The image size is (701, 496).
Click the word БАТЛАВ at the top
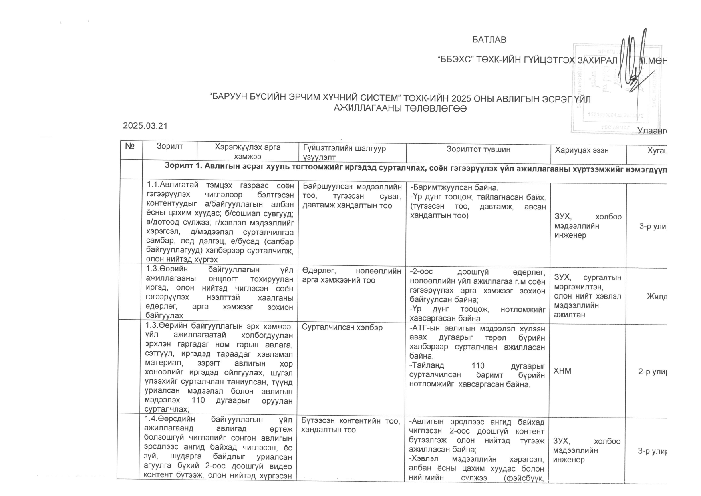[x=489, y=40]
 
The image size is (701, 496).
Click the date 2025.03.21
[x=145, y=126]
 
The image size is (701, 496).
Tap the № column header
[x=130, y=147]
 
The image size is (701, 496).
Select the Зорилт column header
[x=169, y=147]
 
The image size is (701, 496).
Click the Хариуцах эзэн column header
[x=581, y=150]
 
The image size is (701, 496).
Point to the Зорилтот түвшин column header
[x=478, y=149]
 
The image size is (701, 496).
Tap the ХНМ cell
[x=562, y=371]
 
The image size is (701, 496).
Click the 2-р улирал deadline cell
[x=652, y=371]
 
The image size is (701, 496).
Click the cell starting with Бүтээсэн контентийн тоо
[x=350, y=425]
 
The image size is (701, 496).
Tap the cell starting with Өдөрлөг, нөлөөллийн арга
[x=351, y=276]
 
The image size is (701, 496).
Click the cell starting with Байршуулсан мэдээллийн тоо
[x=352, y=196]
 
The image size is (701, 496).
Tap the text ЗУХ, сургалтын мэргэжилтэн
[x=587, y=282]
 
